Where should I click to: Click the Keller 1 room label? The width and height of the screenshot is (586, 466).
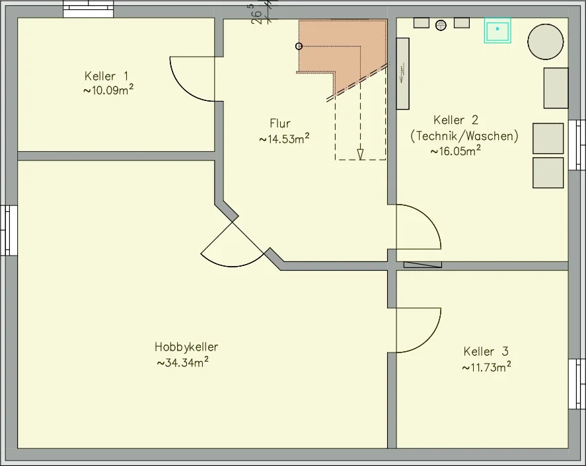click(106, 76)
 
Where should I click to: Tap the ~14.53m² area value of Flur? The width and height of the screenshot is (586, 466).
click(284, 139)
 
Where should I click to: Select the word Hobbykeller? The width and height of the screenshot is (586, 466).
click(186, 347)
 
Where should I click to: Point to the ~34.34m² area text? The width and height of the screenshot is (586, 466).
click(183, 362)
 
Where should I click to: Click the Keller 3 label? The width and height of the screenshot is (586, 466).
click(486, 351)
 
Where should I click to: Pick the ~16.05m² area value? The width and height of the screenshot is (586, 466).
click(456, 151)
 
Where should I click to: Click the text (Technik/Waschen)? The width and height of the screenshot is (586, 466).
click(464, 136)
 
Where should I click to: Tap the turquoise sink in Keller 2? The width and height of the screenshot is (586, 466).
click(497, 30)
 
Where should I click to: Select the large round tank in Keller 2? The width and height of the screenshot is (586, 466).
click(546, 42)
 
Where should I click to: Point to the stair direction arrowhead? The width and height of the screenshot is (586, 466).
click(360, 154)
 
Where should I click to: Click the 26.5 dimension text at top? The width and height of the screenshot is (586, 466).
click(256, 14)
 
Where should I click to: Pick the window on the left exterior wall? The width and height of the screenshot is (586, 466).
click(9, 230)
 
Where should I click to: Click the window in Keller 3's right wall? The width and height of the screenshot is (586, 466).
click(577, 384)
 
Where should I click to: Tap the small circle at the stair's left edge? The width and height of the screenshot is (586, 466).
click(299, 46)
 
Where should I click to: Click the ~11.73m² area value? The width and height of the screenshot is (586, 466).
click(486, 367)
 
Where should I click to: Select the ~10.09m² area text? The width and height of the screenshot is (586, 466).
click(108, 90)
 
